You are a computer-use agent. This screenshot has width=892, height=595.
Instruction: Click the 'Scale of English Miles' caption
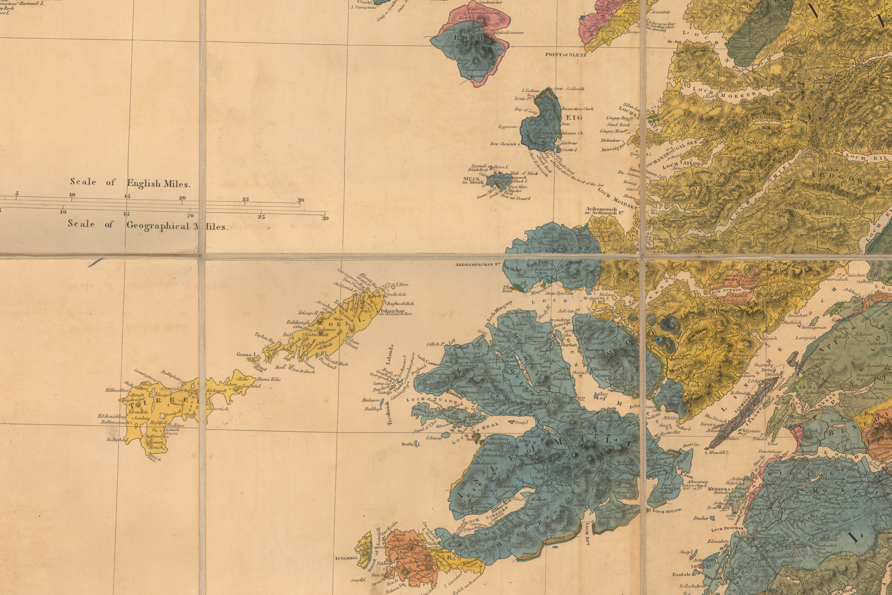[130, 183]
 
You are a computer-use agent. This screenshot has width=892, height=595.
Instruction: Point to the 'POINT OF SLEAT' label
[566, 55]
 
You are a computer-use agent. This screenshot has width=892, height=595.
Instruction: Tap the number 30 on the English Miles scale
[300, 200]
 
